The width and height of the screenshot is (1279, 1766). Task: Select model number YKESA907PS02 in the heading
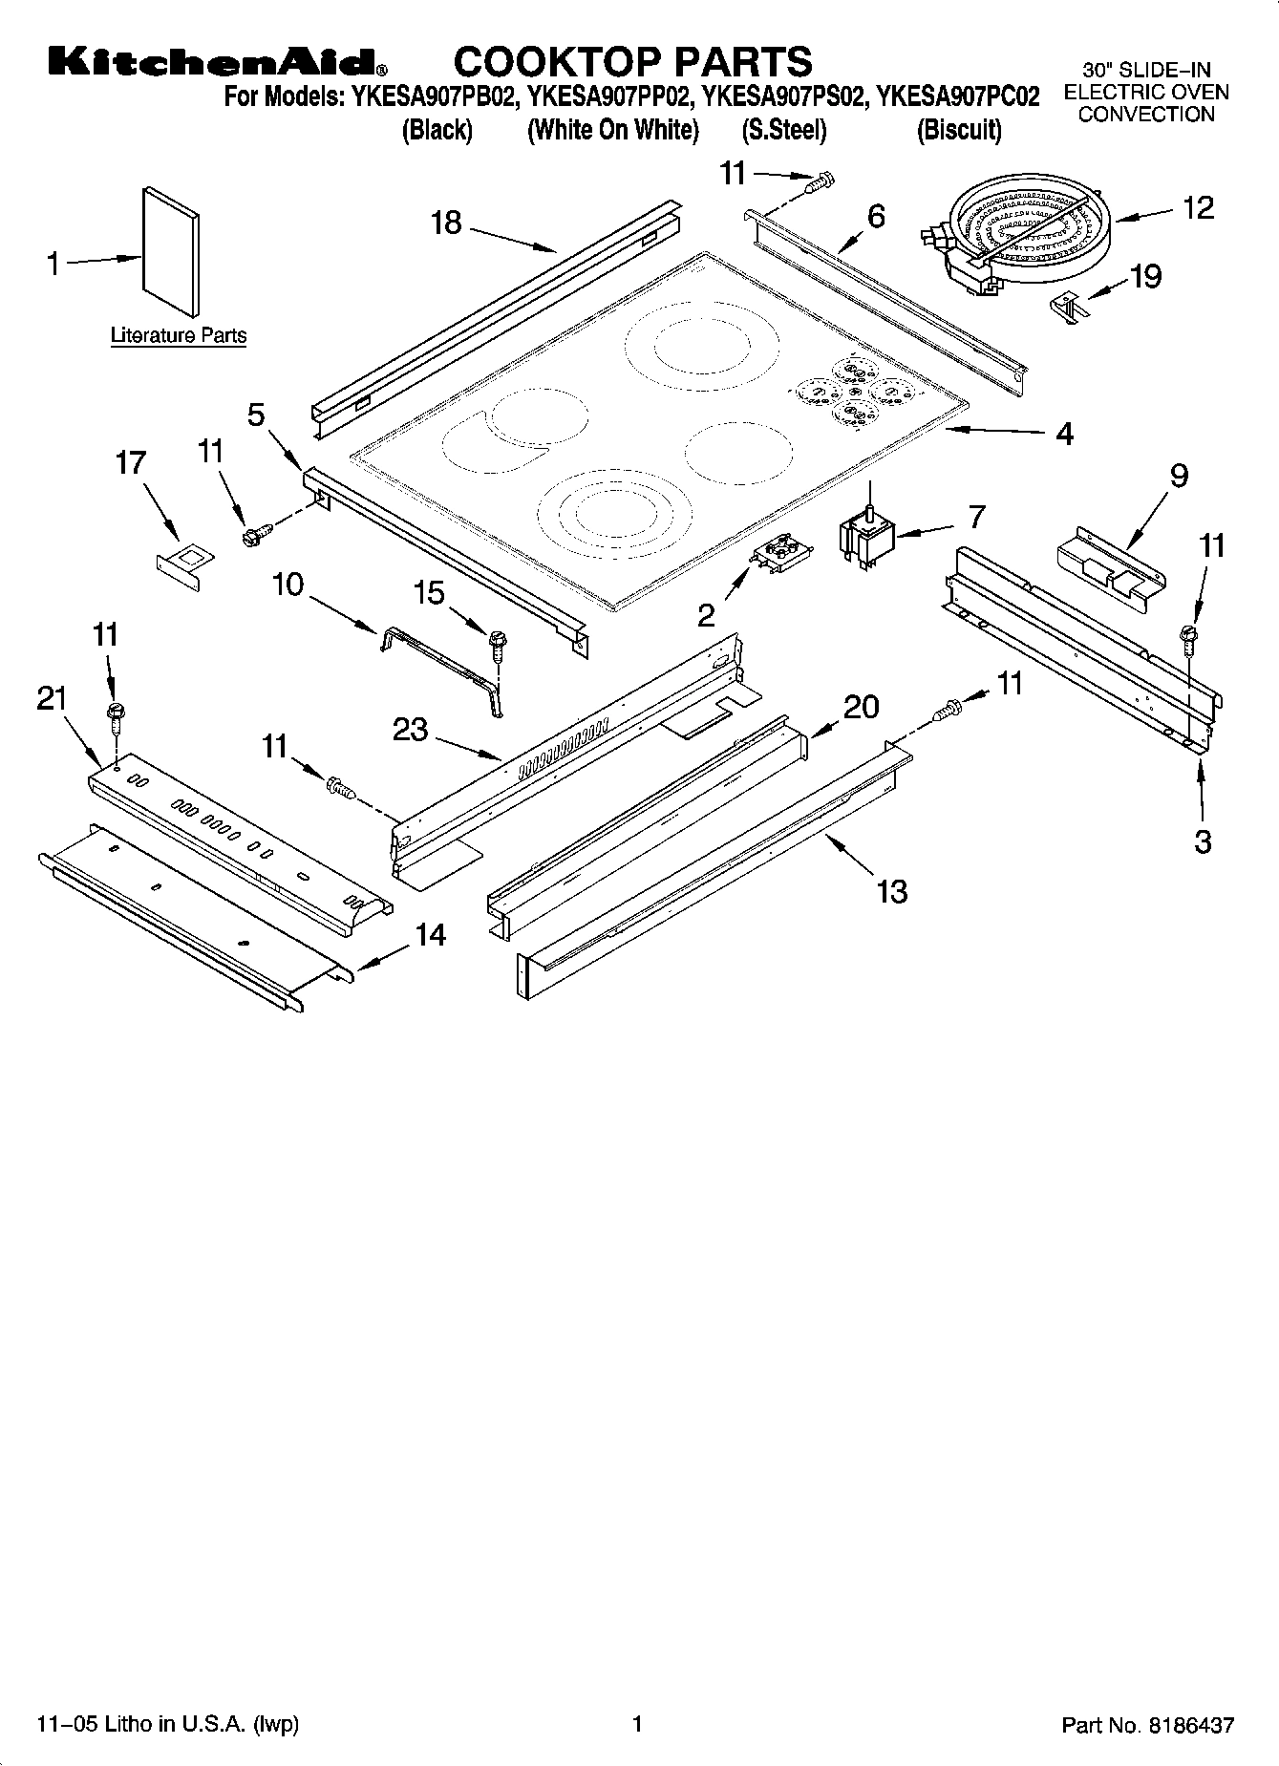[785, 97]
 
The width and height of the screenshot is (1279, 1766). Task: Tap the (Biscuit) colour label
[959, 130]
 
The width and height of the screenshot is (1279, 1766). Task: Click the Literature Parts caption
[179, 336]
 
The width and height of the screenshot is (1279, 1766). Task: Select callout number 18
[445, 223]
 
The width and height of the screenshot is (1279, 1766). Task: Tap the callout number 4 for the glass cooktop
[1065, 435]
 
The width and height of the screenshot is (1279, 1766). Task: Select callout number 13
[891, 892]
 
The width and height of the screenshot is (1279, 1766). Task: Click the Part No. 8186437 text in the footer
[1148, 1725]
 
